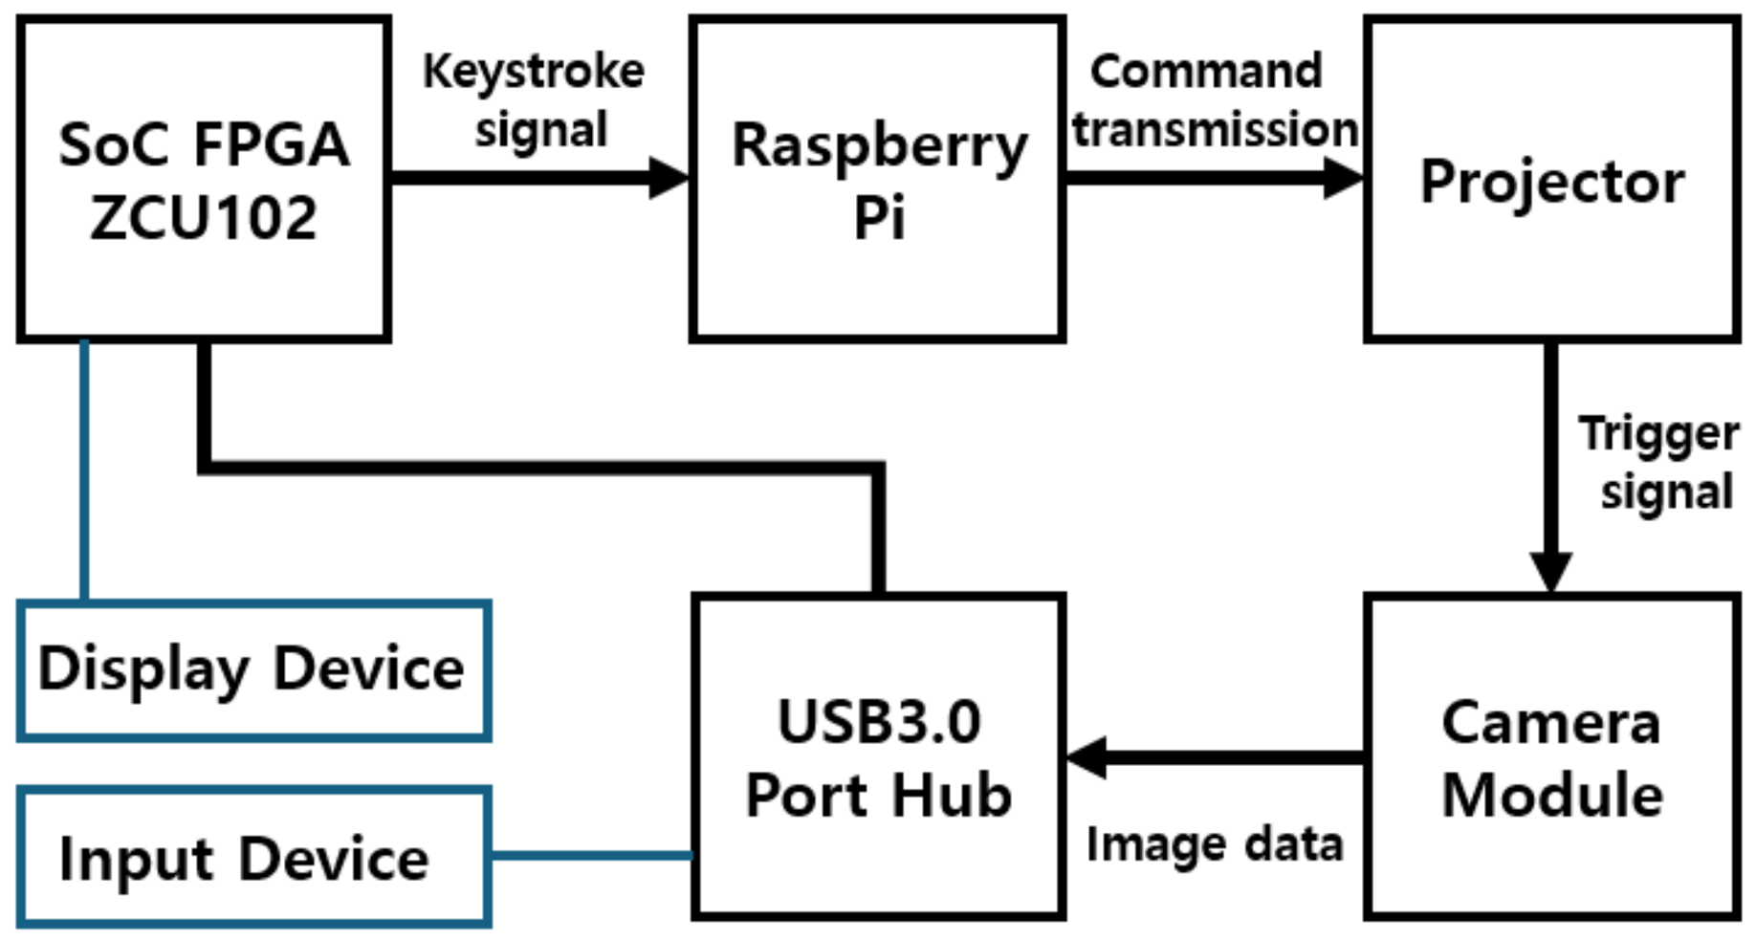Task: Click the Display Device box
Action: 253,669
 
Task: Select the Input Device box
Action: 253,858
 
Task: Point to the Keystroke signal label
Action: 536,100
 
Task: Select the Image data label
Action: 1215,844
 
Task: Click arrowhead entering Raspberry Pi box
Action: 669,178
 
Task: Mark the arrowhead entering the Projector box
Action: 1343,178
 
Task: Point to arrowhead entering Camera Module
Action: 1550,572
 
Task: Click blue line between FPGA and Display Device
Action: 84,469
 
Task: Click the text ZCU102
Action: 204,218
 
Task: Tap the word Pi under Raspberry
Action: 878,218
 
